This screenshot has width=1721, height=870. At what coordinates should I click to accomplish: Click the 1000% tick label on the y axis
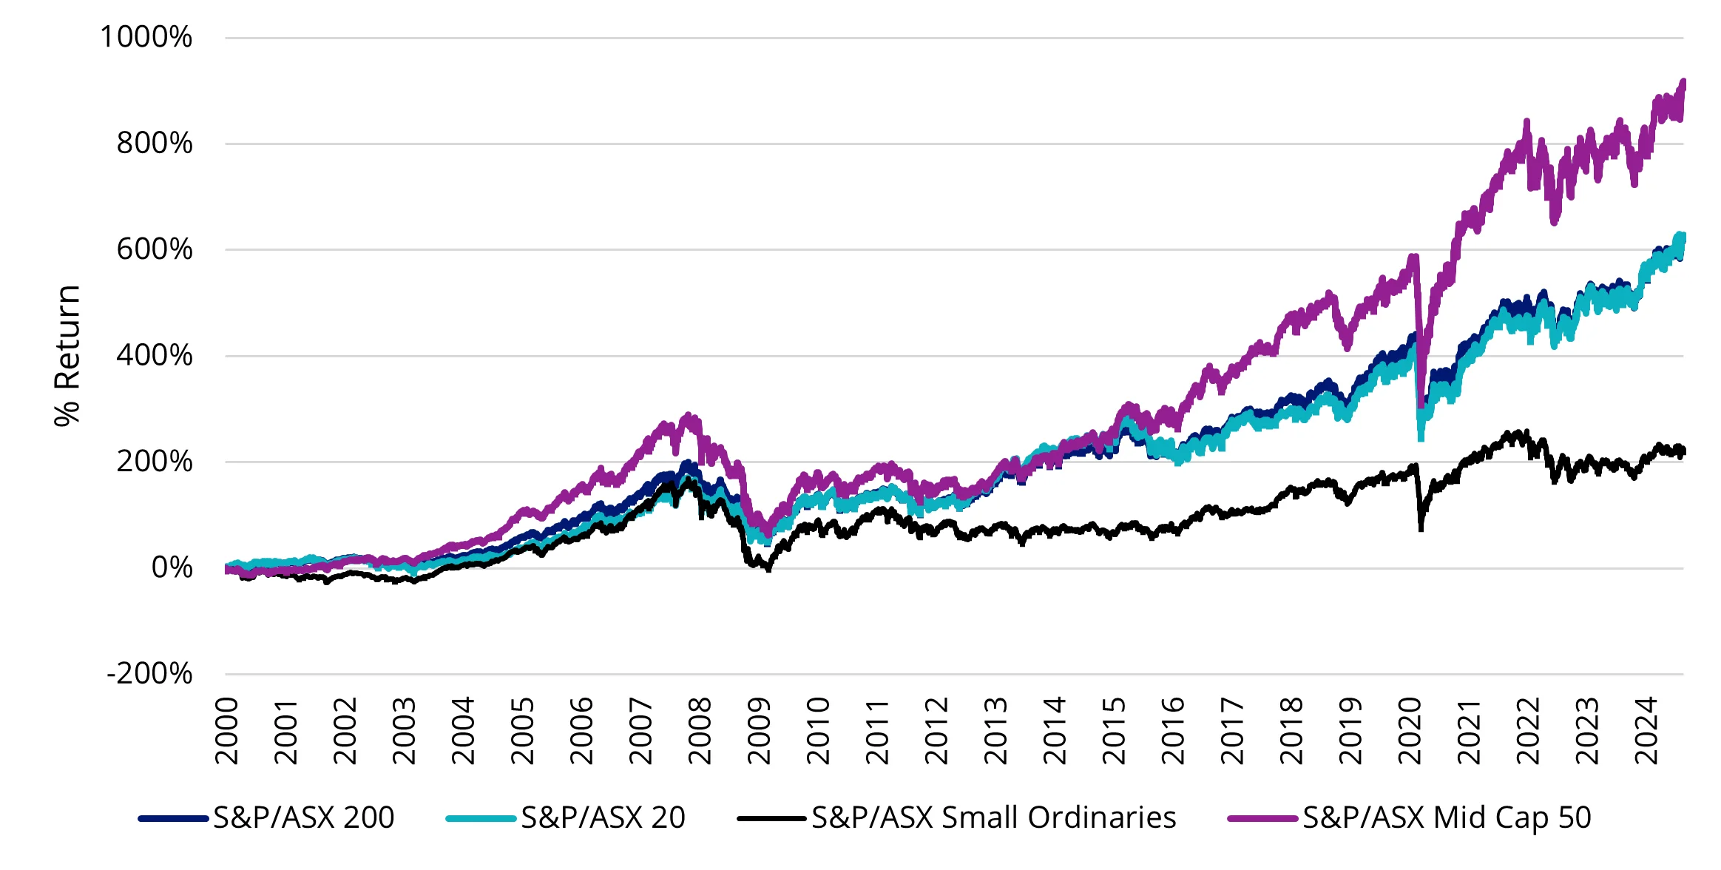[146, 37]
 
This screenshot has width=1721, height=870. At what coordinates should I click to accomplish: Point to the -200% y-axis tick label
[149, 674]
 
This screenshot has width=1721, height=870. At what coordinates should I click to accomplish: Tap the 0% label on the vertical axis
[172, 568]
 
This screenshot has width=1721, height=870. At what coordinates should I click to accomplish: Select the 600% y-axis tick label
[154, 249]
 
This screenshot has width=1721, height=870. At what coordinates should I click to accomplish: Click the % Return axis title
[67, 355]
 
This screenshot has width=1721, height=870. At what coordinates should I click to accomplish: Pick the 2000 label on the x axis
[226, 730]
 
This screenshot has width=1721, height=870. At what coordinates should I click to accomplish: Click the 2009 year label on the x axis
[759, 730]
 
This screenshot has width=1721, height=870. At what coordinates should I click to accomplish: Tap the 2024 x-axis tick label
[1646, 730]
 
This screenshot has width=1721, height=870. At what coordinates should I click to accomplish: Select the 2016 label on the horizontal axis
[1173, 730]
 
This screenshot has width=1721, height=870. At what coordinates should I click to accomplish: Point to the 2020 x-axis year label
[1410, 730]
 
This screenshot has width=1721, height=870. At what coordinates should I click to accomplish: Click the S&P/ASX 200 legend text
[303, 818]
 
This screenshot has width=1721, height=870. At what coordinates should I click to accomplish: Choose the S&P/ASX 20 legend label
[603, 818]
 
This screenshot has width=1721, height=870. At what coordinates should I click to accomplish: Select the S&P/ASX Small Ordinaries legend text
[993, 818]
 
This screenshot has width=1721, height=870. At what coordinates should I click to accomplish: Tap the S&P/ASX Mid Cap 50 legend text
[1447, 818]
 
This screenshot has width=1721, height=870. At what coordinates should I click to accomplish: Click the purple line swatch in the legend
[1262, 819]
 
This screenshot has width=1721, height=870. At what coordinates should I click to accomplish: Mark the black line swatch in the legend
[771, 819]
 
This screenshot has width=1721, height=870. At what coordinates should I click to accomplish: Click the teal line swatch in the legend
[481, 819]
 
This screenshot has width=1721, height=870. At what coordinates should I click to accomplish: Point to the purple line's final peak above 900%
[1683, 83]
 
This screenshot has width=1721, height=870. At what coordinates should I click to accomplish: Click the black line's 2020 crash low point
[1421, 528]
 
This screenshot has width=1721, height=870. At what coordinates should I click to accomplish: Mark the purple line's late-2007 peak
[689, 417]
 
